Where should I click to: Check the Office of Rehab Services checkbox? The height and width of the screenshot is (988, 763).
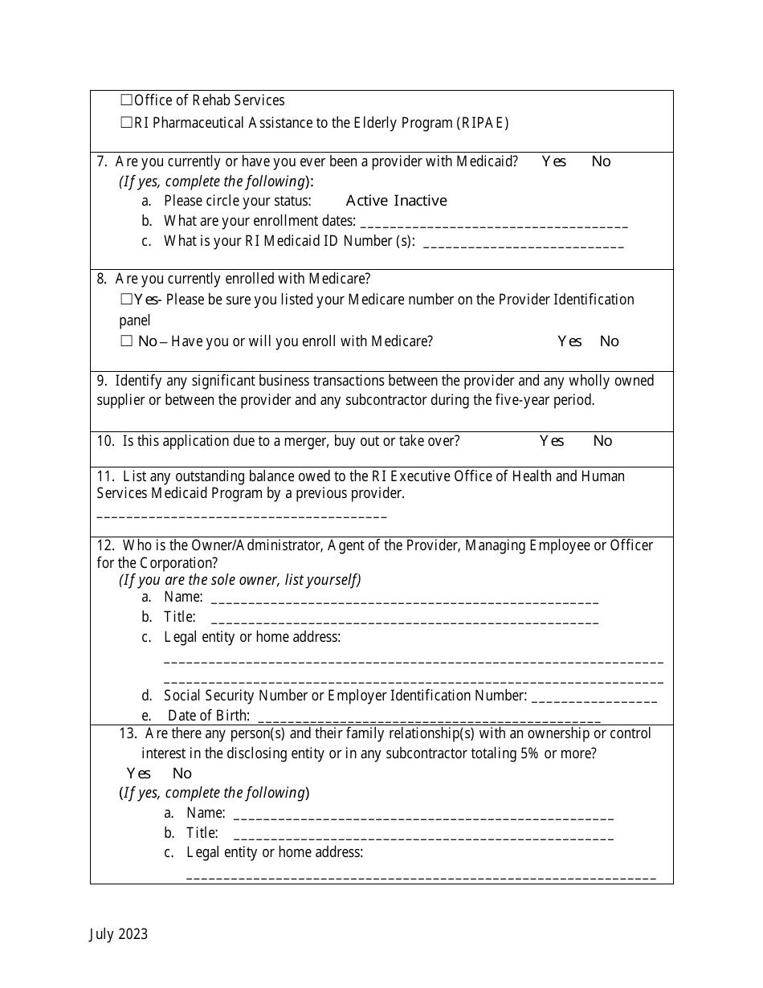click(x=126, y=100)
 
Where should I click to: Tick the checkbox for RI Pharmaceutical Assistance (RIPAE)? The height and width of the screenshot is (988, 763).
click(x=126, y=123)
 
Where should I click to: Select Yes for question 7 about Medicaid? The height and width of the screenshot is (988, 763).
click(x=553, y=161)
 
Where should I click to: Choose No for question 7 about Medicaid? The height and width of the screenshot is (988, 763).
click(x=601, y=161)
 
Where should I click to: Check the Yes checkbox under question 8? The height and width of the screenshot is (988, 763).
click(x=126, y=300)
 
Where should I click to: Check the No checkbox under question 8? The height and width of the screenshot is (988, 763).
click(x=126, y=341)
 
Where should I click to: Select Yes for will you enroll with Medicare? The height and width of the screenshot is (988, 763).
click(x=569, y=341)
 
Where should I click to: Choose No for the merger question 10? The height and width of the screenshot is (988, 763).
click(x=602, y=441)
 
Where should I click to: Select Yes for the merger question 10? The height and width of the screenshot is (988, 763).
click(x=552, y=441)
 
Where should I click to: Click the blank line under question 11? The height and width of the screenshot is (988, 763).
click(x=241, y=514)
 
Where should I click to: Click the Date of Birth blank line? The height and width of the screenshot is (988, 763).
click(x=429, y=718)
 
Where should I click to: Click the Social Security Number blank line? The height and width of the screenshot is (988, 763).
click(x=594, y=698)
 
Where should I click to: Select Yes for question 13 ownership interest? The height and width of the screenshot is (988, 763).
click(x=139, y=774)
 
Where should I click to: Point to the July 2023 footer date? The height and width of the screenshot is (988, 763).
click(x=118, y=933)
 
